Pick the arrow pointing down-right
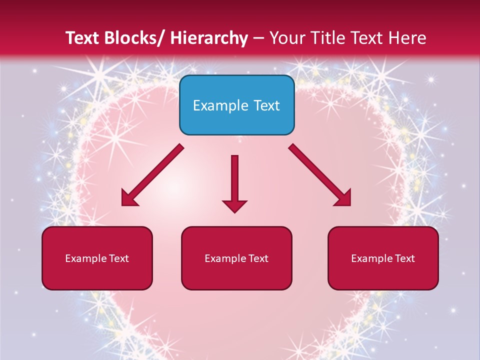click(x=320, y=175)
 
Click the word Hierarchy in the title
click(x=208, y=38)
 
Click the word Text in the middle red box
click(x=258, y=258)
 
